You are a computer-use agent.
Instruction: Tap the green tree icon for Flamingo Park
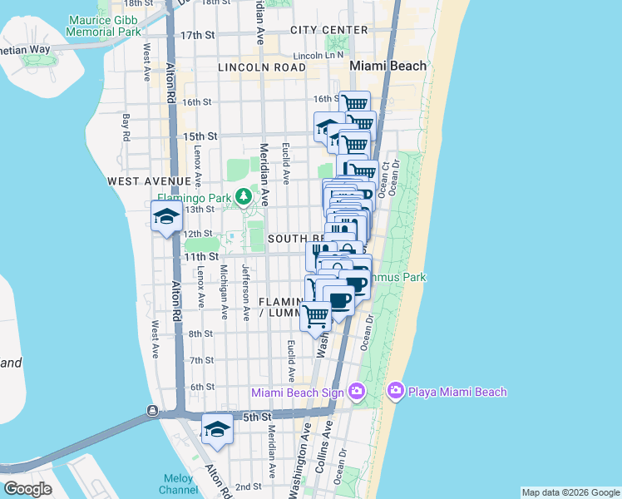pyautogui.click(x=244, y=197)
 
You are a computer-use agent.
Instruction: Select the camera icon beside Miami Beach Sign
pyautogui.click(x=357, y=391)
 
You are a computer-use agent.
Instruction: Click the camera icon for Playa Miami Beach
pyautogui.click(x=395, y=391)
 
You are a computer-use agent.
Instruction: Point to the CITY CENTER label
pyautogui.click(x=329, y=30)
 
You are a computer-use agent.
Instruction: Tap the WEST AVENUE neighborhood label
pyautogui.click(x=149, y=180)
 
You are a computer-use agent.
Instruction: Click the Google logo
pyautogui.click(x=28, y=489)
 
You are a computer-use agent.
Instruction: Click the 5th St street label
pyautogui.click(x=258, y=415)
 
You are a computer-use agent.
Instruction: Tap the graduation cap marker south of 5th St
pyautogui.click(x=218, y=430)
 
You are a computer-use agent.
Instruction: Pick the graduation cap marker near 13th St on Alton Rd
pyautogui.click(x=166, y=217)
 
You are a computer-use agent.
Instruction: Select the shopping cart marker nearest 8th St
pyautogui.click(x=315, y=316)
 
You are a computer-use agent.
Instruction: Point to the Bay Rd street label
pyautogui.click(x=126, y=127)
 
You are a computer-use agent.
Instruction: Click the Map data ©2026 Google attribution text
pyautogui.click(x=570, y=492)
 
